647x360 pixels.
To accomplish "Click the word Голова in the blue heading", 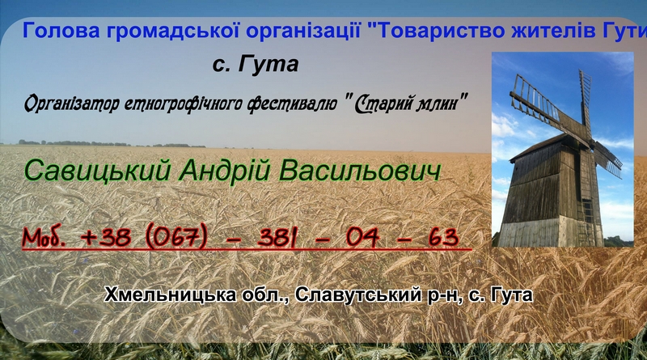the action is tap(61, 31).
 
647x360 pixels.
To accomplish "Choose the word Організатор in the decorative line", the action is tap(72, 104).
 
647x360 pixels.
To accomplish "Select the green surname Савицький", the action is tap(97, 171).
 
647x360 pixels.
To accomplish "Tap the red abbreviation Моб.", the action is tap(44, 236).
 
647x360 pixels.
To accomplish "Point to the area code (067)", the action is tap(175, 237).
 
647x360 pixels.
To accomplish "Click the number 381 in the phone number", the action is tap(276, 237).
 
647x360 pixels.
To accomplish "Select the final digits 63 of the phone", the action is tap(443, 236).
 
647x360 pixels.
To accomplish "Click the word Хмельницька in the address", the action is tap(170, 294).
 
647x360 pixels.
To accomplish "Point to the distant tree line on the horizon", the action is tap(112, 144).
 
